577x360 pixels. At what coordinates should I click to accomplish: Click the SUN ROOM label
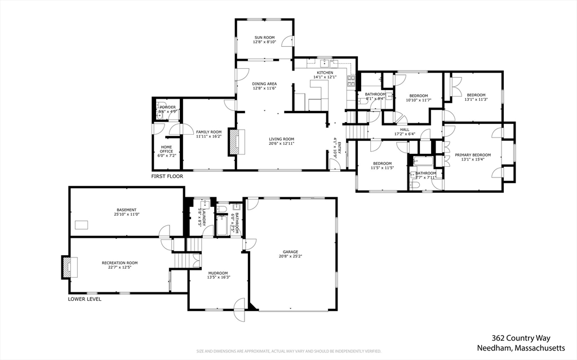point(264,37)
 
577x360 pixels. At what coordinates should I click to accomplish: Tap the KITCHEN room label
point(325,73)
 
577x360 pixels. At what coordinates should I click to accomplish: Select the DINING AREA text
point(264,84)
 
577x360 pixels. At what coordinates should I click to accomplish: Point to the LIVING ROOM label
point(281,139)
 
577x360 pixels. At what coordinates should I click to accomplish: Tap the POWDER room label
point(167,107)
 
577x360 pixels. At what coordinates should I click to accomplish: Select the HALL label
point(405,130)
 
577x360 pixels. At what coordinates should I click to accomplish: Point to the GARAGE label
point(290,252)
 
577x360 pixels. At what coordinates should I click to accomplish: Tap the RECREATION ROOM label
point(119,263)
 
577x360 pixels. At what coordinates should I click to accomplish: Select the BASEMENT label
point(126,210)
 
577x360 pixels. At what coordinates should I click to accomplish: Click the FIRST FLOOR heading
point(167,176)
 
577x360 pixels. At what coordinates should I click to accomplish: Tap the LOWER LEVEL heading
point(85,299)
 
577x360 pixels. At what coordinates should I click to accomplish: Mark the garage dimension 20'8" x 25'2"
point(290,256)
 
